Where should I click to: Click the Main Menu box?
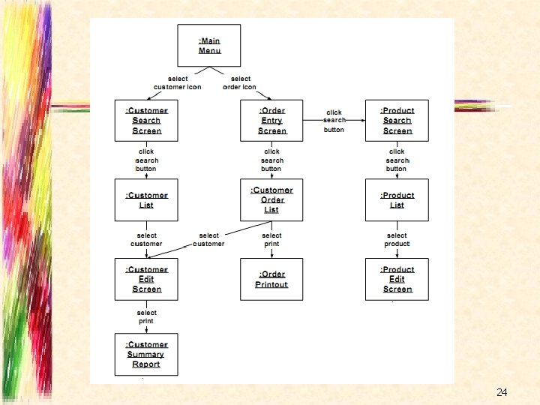click(x=209, y=45)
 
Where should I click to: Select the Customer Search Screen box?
click(x=146, y=120)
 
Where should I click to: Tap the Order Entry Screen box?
click(x=271, y=120)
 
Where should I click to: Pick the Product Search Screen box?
click(x=397, y=120)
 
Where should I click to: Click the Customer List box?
click(x=146, y=199)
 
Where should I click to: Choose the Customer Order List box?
click(x=271, y=199)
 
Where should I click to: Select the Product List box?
click(x=397, y=199)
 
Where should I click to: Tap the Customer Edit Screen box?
click(x=146, y=279)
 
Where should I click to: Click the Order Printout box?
click(x=271, y=279)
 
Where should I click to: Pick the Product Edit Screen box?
click(x=397, y=279)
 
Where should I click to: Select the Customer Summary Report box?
click(x=146, y=354)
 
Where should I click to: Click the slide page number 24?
click(x=502, y=392)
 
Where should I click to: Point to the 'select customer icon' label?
click(x=178, y=82)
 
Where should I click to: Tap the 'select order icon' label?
click(x=240, y=82)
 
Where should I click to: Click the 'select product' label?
click(x=397, y=239)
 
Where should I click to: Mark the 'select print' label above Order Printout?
click(x=271, y=239)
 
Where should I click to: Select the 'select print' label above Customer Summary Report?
click(x=146, y=316)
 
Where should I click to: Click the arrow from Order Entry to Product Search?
click(x=334, y=119)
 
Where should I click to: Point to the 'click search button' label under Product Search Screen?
click(x=397, y=160)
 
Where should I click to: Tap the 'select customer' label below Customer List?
click(x=146, y=239)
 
